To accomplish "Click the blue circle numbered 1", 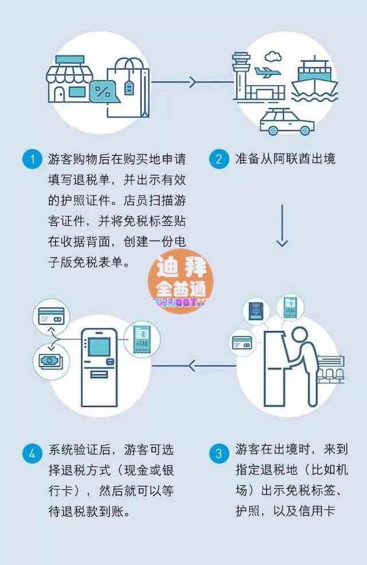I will coord(32,159).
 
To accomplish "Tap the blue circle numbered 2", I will coord(218,159).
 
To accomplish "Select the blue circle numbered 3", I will coord(218,454).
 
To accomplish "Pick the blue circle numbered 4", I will coord(32,454).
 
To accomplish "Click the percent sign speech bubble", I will coord(103,91).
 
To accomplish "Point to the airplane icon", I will coord(265,73).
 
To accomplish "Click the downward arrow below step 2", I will coord(282,226).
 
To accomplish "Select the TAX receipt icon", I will coord(141,339).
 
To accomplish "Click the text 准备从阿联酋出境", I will coord(285,159).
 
